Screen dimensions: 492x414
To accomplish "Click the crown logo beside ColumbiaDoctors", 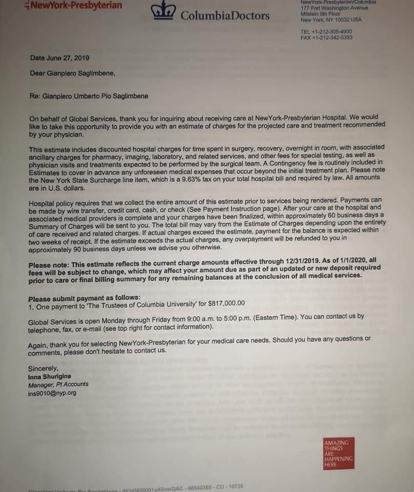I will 165,11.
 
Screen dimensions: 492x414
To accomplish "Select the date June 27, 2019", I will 59,58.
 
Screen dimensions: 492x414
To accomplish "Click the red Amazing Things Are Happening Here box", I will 338,454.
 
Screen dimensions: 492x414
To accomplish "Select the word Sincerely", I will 43,368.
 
